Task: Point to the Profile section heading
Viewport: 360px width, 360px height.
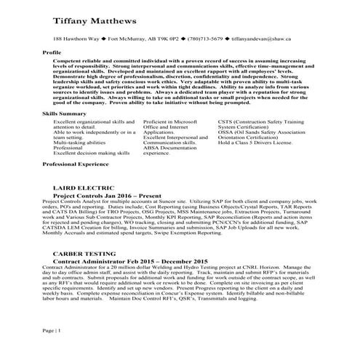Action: [x=52, y=53]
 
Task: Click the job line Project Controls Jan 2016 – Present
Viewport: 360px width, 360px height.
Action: [x=106, y=196]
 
